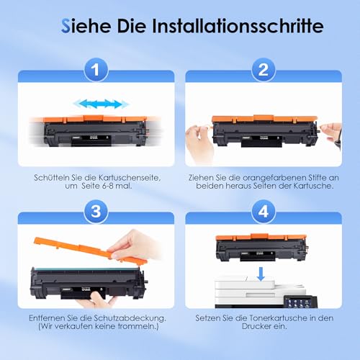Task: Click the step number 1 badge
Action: (96, 70)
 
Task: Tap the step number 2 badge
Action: (264, 70)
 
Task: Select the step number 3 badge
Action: (96, 212)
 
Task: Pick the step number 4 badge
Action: (264, 212)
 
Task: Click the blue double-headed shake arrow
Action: (102, 104)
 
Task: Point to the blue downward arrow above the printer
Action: (261, 274)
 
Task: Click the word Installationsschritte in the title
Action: (238, 26)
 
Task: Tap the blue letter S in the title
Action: (66, 26)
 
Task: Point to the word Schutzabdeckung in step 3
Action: (130, 318)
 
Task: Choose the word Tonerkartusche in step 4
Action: (279, 318)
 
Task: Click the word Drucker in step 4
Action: (255, 326)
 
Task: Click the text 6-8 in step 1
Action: (108, 186)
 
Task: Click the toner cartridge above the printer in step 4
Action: (261, 248)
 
